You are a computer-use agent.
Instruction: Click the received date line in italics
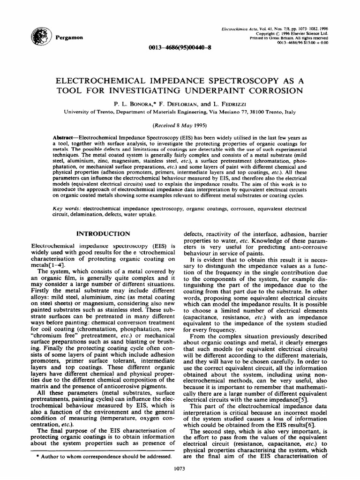pyautogui.click(x=180, y=126)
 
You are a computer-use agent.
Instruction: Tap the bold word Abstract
pyautogui.click(x=67, y=136)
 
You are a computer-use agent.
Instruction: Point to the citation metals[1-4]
pyautogui.click(x=46, y=265)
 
